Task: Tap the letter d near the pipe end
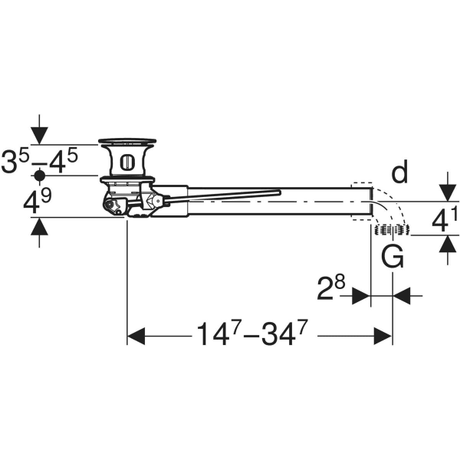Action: pos(399,174)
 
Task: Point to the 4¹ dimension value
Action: pos(445,219)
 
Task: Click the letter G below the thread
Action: pos(393,258)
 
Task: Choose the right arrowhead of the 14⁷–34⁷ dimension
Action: pos(383,336)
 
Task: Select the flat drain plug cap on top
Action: pos(128,141)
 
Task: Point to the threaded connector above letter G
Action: pos(392,229)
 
